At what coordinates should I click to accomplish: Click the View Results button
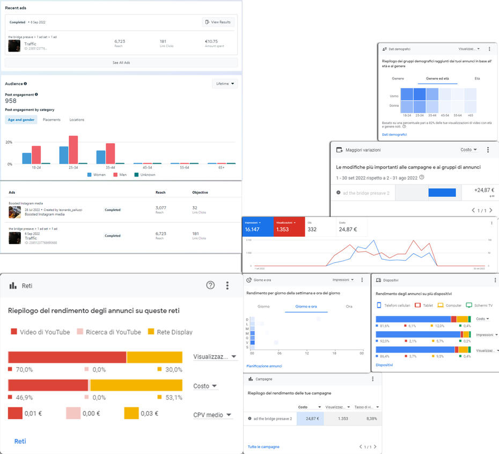pos(218,22)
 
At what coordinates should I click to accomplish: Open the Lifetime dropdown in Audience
pos(225,84)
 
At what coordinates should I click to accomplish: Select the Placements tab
pos(52,120)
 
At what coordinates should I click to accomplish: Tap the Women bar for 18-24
pos(26,158)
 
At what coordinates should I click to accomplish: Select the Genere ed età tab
pos(438,78)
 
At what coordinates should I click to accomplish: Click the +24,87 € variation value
pos(485,190)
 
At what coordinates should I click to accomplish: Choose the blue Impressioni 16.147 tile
pos(258,226)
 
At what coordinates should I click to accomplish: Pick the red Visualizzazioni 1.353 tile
pos(289,226)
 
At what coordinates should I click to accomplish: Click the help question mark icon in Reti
pos(210,285)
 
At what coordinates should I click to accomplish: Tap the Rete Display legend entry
pos(170,332)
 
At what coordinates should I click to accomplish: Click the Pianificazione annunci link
pos(264,366)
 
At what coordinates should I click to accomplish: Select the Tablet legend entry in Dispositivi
pos(424,305)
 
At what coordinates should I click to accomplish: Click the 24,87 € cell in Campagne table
pos(310,419)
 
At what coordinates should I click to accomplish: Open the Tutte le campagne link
pos(263,446)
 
